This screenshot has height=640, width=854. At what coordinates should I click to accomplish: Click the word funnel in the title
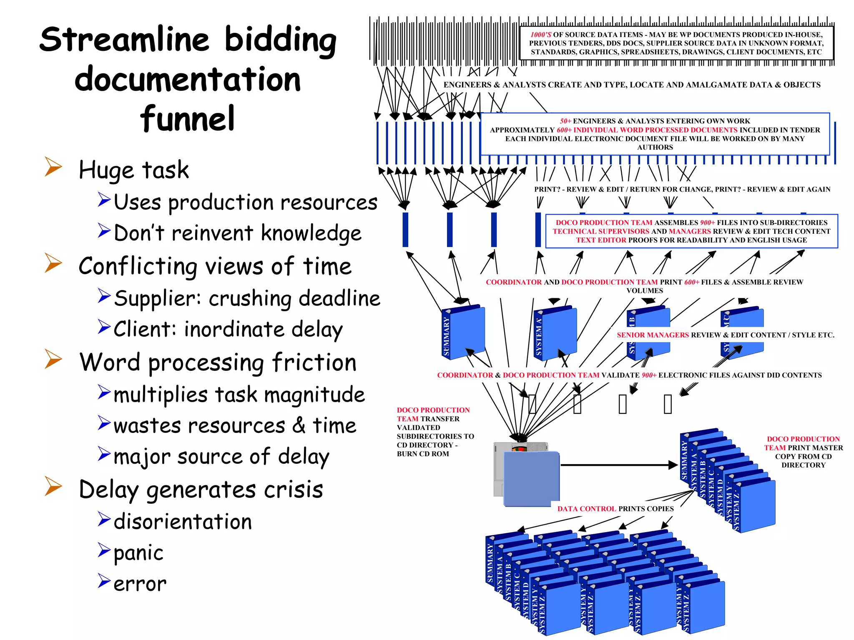187,119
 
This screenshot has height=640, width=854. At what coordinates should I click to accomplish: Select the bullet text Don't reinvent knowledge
237,233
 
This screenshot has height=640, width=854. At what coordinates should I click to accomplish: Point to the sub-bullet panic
138,553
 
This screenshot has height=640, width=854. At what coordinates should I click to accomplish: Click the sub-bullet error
140,584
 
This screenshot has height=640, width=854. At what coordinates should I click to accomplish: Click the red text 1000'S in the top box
541,35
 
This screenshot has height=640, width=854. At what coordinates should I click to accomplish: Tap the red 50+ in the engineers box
565,121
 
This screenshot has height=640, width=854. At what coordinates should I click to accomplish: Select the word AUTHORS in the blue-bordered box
655,147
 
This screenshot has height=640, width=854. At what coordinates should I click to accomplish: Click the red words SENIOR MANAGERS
653,335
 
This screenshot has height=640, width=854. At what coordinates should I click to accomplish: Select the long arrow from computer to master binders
617,465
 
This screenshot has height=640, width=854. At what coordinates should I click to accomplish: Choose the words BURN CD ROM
423,454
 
